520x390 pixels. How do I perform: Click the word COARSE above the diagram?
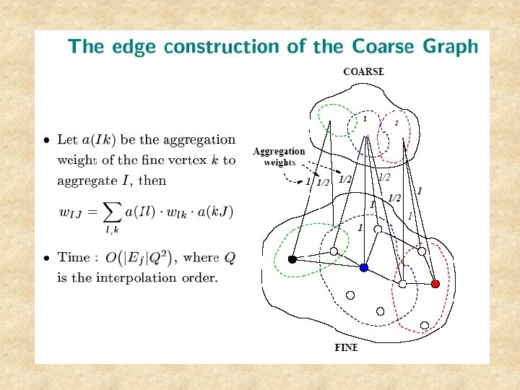pos(363,71)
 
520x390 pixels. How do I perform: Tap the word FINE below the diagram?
pos(346,347)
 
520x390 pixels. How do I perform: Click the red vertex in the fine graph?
pos(435,284)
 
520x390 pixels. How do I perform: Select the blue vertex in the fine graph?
pos(364,267)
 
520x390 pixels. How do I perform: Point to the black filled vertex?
pos(292,259)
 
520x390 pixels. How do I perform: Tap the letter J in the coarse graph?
pos(396,123)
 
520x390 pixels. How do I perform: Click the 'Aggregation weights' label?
pos(278,157)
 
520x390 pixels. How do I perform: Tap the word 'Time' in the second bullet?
pos(74,257)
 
